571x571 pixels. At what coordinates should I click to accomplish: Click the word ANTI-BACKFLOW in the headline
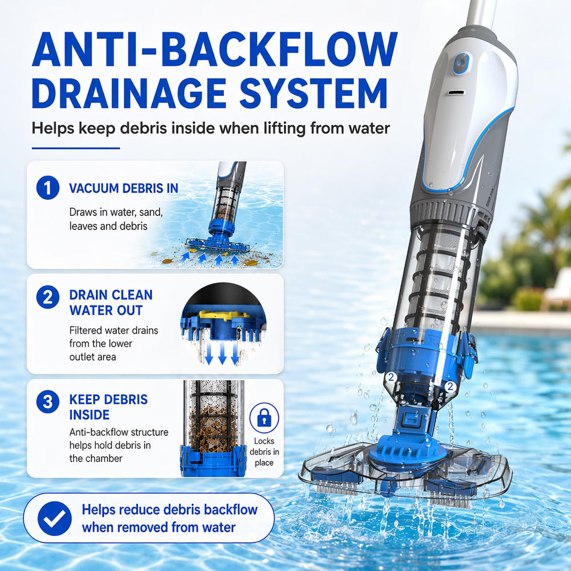pyautogui.click(x=215, y=50)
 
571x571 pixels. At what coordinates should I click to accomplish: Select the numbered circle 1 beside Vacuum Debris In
pyautogui.click(x=48, y=188)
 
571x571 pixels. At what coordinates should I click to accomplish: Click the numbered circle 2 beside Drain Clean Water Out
pyautogui.click(x=48, y=297)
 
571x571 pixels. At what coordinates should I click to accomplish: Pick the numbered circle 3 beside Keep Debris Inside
pyautogui.click(x=48, y=401)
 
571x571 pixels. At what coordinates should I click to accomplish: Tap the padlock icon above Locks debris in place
pyautogui.click(x=264, y=418)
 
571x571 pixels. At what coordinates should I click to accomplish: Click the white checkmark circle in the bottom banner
pyautogui.click(x=55, y=518)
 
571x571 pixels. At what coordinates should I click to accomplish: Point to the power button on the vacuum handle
pyautogui.click(x=461, y=63)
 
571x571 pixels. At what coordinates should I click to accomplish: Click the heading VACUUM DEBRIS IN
pyautogui.click(x=123, y=188)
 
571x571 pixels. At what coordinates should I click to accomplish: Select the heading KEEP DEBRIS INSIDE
pyautogui.click(x=108, y=407)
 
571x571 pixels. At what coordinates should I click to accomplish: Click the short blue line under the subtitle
pyautogui.click(x=76, y=148)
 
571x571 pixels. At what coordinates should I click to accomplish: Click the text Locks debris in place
pyautogui.click(x=264, y=452)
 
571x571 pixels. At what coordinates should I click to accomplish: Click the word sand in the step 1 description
pyautogui.click(x=151, y=212)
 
